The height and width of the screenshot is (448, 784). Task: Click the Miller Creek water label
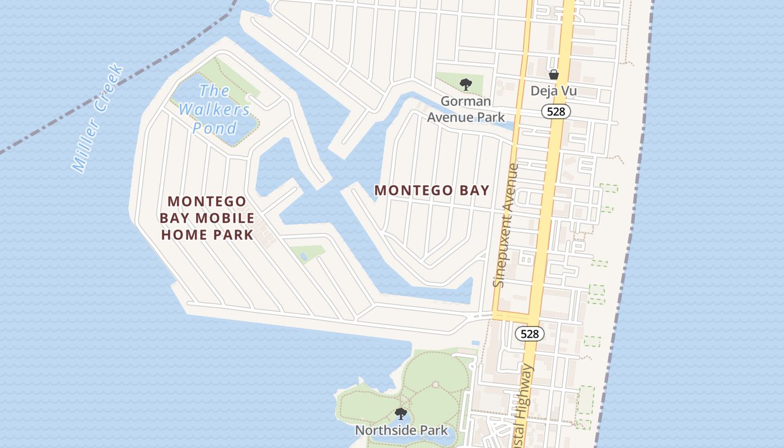(x=98, y=119)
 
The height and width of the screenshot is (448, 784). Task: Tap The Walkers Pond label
(x=214, y=109)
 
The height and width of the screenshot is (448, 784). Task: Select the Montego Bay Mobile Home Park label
(x=207, y=218)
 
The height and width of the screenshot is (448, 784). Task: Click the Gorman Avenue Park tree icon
(x=465, y=85)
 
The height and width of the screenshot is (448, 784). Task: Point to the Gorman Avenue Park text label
(x=466, y=109)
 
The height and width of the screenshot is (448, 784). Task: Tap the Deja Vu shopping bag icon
(x=554, y=74)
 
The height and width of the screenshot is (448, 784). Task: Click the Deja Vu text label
(x=554, y=91)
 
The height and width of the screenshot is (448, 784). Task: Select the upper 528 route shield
(x=556, y=112)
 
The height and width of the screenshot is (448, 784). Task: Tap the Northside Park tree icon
(x=400, y=414)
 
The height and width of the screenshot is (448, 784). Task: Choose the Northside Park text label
(x=402, y=431)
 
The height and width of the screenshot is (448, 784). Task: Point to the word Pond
(x=215, y=128)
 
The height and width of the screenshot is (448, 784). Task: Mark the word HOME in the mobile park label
(x=183, y=234)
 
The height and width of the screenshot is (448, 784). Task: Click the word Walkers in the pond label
(x=214, y=109)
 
